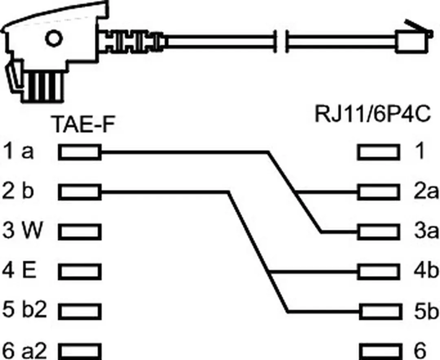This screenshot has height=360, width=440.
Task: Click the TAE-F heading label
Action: click(83, 125)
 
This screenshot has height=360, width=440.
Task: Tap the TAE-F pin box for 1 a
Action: click(80, 152)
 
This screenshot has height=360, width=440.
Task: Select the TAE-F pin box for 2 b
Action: click(80, 192)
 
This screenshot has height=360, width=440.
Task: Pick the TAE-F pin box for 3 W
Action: click(80, 232)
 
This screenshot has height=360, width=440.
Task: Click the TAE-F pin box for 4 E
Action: click(80, 272)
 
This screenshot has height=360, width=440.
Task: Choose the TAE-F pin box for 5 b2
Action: click(80, 312)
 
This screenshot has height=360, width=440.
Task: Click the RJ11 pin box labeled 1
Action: click(378, 152)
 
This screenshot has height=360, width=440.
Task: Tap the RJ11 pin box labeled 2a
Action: click(378, 192)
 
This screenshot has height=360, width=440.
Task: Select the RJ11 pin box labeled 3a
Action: click(378, 232)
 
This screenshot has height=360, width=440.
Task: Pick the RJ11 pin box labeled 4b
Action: click(378, 272)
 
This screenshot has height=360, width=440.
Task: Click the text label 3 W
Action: click(22, 230)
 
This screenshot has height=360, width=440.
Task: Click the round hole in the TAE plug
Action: click(53, 39)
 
